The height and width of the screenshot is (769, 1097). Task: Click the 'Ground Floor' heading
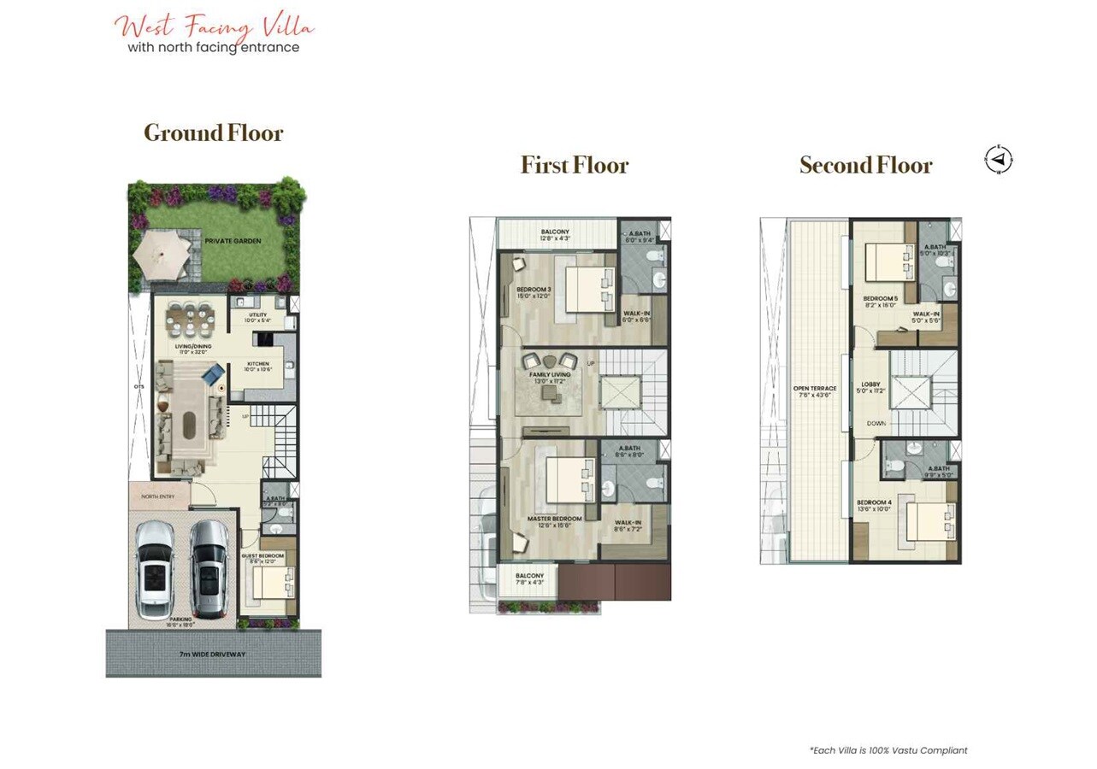(213, 133)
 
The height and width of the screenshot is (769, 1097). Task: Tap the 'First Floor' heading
(575, 165)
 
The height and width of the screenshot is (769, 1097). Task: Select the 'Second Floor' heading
(865, 165)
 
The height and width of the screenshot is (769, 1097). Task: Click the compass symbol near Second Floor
(998, 160)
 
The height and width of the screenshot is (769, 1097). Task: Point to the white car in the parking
(155, 569)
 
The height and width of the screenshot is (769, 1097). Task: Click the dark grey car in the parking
(208, 569)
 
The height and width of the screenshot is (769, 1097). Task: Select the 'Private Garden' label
(233, 241)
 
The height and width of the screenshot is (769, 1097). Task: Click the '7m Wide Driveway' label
(213, 655)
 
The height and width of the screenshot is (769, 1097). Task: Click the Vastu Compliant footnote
(888, 750)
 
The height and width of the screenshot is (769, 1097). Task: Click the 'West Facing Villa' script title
(215, 26)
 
